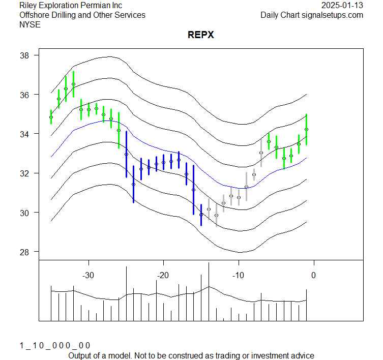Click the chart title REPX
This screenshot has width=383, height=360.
click(200, 35)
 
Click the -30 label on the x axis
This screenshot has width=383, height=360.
click(89, 275)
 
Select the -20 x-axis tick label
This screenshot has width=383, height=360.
click(163, 275)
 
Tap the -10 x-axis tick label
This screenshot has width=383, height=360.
click(238, 275)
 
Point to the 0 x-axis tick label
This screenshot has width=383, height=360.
click(313, 275)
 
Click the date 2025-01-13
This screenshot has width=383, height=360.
click(342, 6)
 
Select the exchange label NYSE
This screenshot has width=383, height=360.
click(30, 24)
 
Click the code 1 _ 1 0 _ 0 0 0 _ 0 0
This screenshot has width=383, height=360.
click(54, 345)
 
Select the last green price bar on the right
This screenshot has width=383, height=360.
click(306, 129)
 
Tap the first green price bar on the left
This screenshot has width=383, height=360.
click(51, 117)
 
